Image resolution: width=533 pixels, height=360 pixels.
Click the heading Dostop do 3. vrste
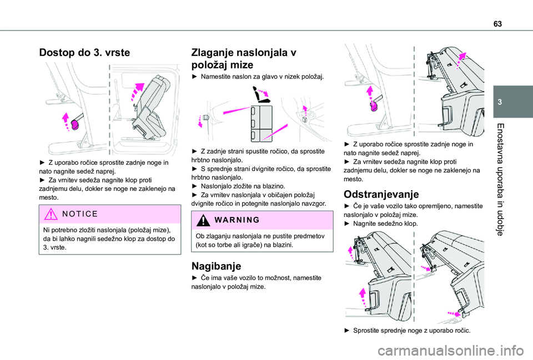(84, 53)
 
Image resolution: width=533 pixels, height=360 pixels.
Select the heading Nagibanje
(216, 266)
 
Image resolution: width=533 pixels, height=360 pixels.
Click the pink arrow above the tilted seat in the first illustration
(137, 92)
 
